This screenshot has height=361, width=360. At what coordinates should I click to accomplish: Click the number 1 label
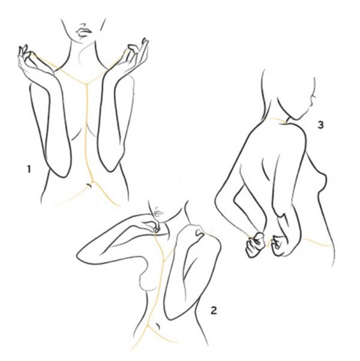[29, 169]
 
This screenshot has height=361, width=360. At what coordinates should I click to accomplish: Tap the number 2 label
[214, 311]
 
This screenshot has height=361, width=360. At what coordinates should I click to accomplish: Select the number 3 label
[320, 125]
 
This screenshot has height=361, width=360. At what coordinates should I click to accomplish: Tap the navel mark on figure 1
[89, 185]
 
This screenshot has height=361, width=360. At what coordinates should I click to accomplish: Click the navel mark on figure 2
[158, 326]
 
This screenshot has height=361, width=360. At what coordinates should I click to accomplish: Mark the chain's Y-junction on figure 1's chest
[87, 83]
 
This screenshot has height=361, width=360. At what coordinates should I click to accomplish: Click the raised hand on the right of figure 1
[136, 54]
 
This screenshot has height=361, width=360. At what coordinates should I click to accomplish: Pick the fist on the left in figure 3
[256, 244]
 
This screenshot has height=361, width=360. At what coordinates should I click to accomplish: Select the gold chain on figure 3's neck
[274, 120]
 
